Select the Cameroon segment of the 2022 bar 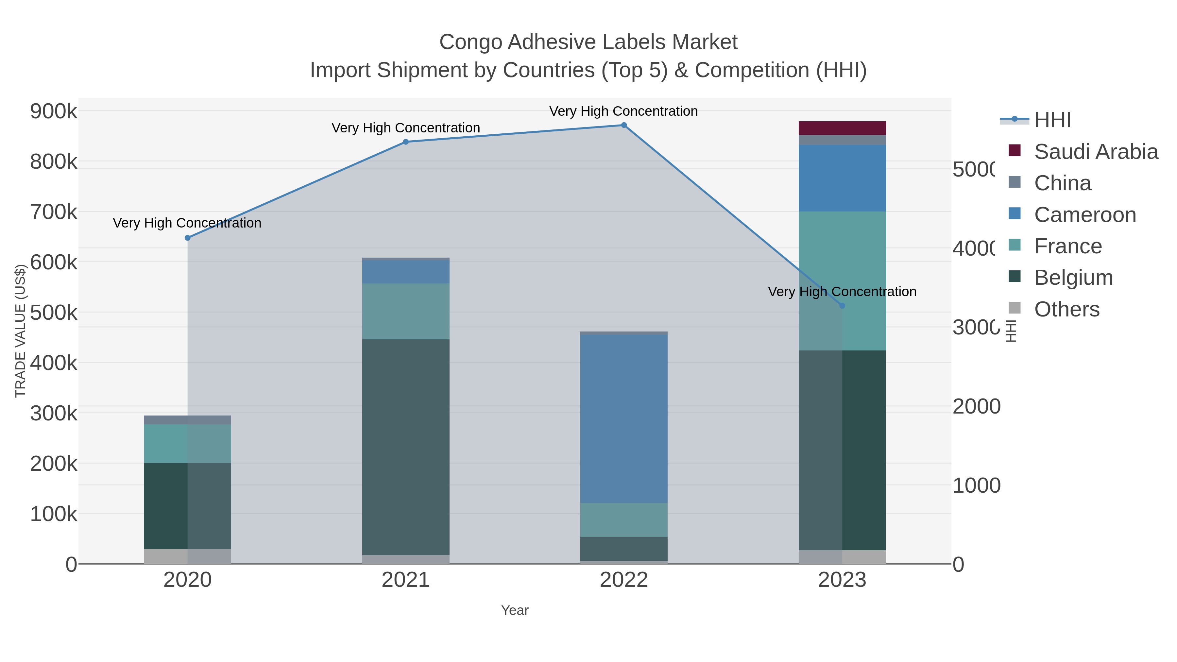tap(624, 418)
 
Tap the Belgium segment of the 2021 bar tap(406, 447)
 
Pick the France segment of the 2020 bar tap(187, 443)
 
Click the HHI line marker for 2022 tap(624, 125)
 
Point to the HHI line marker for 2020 tap(187, 238)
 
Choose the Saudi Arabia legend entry tap(1095, 152)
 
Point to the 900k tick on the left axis tap(54, 111)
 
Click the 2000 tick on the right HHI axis tap(976, 406)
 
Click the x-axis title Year tap(515, 610)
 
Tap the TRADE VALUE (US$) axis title tap(21, 331)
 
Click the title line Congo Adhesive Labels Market tap(588, 42)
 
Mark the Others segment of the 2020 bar tap(187, 556)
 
